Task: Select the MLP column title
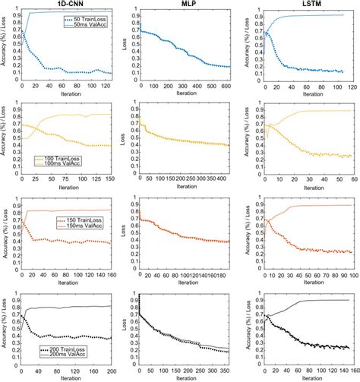[182, 5]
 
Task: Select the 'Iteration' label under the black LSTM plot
[299, 379]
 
